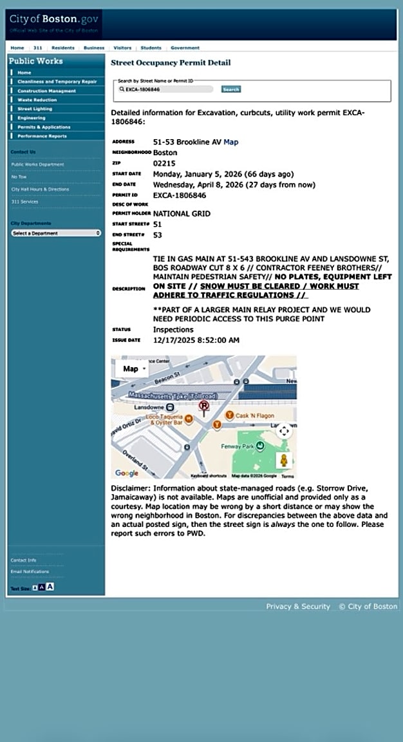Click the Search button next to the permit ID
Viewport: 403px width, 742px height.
pos(230,90)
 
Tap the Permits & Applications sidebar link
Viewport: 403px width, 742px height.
pos(44,127)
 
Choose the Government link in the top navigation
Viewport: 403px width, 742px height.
pos(185,48)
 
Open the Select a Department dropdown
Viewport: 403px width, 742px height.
pos(56,233)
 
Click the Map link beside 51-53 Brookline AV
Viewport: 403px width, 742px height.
pos(230,142)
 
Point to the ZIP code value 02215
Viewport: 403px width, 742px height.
pos(165,164)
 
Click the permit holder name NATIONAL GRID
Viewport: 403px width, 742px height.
pos(182,214)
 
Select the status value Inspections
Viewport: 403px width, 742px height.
pos(173,330)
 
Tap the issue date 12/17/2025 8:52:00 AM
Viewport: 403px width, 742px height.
pos(196,340)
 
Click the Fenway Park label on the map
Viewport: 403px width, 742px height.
pos(239,445)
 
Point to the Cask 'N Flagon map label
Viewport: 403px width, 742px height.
pos(255,416)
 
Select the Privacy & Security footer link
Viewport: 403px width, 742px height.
pos(298,607)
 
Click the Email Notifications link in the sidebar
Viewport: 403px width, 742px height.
pos(30,572)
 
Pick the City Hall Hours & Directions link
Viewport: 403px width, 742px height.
pos(40,189)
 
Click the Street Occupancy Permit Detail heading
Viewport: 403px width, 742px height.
pos(171,63)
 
